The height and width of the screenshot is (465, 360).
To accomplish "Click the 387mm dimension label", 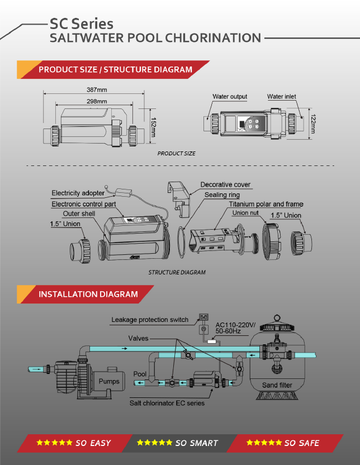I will [x=97, y=90].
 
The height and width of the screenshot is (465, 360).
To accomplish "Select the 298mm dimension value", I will [x=97, y=101].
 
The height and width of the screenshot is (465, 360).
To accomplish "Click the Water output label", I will [x=230, y=97].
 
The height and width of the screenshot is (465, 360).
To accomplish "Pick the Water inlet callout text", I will [x=282, y=97].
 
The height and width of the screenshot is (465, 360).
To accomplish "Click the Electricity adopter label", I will [x=78, y=193].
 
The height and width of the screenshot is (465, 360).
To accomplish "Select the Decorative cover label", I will [x=225, y=184].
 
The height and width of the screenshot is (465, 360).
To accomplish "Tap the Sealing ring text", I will [x=222, y=195].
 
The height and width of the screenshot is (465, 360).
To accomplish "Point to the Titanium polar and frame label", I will [x=264, y=205].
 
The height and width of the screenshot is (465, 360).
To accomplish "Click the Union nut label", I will [x=245, y=213].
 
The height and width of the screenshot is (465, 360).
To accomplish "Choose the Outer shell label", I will [x=79, y=213].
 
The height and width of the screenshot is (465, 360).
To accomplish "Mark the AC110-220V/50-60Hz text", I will [x=234, y=328].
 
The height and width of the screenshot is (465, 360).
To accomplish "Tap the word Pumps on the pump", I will [x=108, y=382].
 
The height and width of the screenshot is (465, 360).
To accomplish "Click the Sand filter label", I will [x=277, y=385].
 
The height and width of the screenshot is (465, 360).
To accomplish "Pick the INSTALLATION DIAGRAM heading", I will [x=88, y=294].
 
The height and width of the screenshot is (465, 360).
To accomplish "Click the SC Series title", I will [x=82, y=23].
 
